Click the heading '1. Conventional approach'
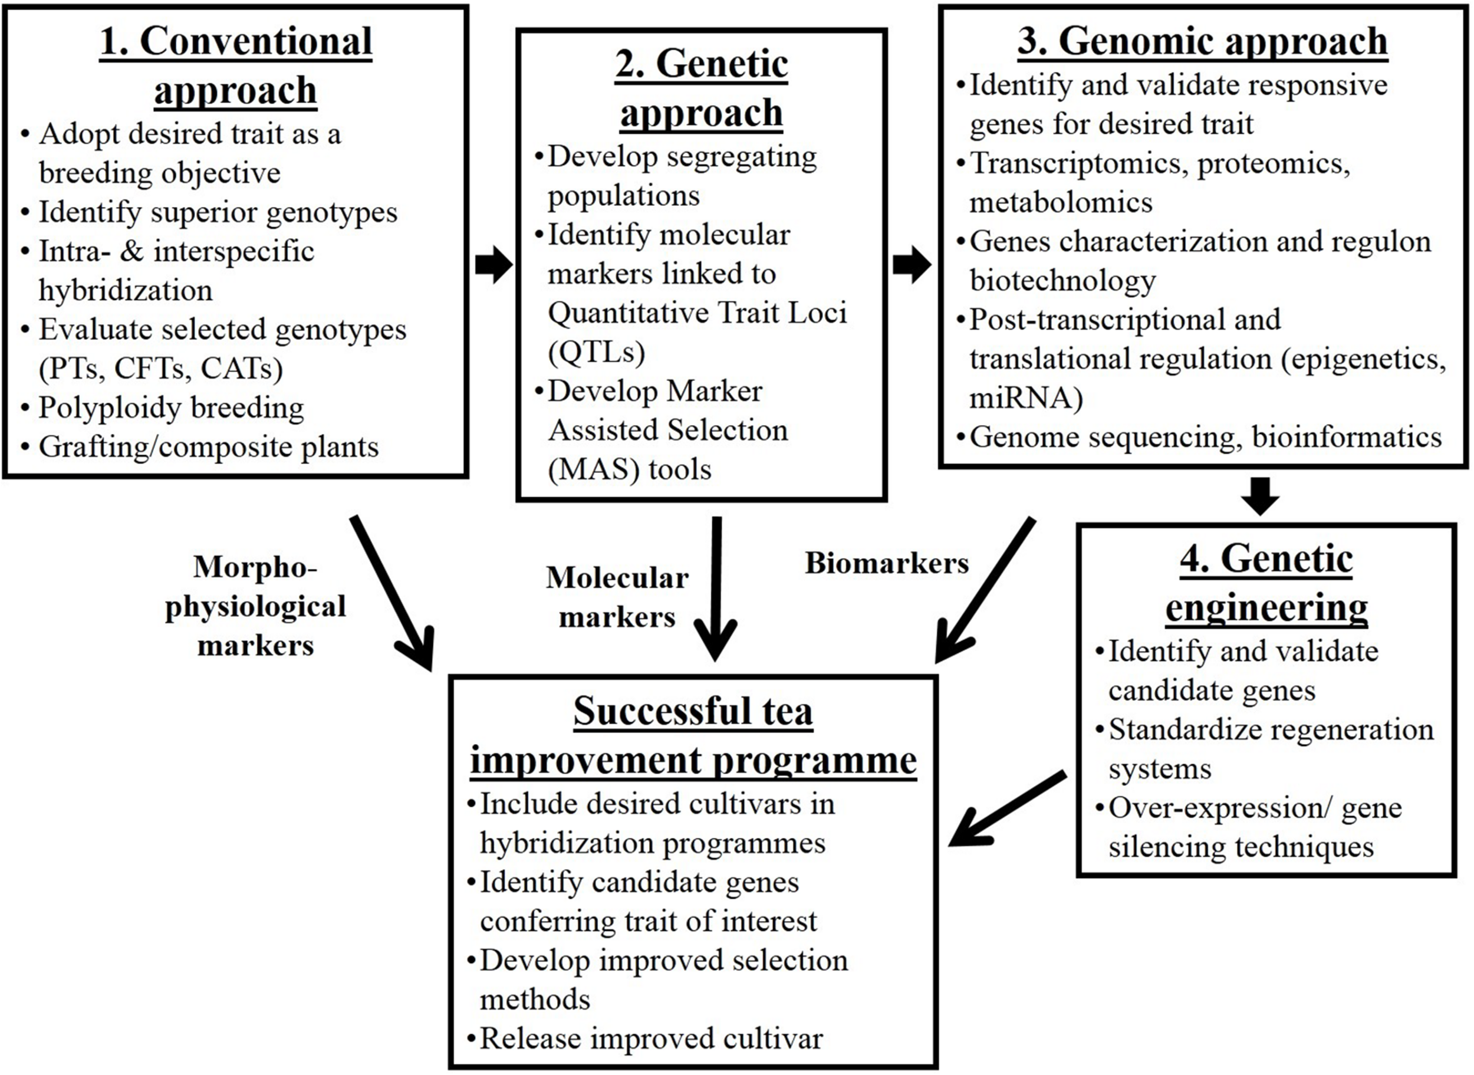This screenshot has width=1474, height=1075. point(235,65)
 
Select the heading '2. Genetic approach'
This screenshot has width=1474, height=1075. point(701,88)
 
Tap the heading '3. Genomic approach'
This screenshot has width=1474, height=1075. point(1202,41)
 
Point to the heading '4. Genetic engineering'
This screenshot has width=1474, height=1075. point(1266,583)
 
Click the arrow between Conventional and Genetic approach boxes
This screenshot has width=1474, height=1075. point(493,265)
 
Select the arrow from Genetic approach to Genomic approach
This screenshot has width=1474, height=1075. point(912,265)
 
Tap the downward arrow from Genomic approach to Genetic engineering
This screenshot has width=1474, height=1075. point(1259,496)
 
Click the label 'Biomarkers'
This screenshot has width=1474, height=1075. point(887,564)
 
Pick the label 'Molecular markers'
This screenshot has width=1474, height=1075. point(617,597)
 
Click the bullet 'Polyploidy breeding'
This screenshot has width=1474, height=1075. point(170,408)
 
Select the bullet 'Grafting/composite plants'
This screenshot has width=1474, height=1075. point(208,447)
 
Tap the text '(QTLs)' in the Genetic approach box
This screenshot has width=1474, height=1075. point(596,352)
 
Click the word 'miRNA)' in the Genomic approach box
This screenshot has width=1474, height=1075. point(1026,397)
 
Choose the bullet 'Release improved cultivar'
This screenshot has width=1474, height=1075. point(650,1038)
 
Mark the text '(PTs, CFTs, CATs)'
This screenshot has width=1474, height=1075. point(161,369)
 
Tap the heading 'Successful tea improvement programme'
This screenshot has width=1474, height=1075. point(693,735)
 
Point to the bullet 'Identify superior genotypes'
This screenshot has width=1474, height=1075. point(217,212)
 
